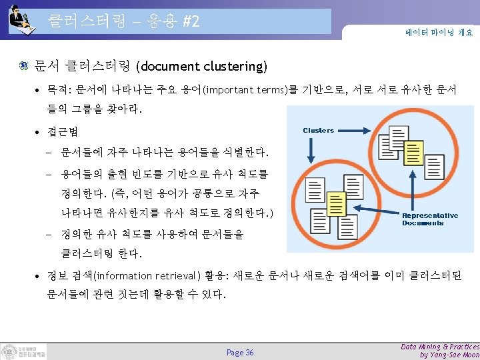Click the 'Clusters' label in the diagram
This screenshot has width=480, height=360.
(318, 130)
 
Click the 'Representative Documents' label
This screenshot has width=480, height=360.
(429, 219)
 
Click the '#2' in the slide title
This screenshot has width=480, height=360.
(191, 21)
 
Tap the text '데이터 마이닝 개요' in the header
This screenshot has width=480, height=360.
(439, 31)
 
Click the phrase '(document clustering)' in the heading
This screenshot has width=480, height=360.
(201, 67)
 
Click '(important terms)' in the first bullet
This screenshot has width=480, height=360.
(245, 90)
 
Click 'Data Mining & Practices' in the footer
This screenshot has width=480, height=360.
(440, 347)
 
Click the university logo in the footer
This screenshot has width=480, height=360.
(23, 351)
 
